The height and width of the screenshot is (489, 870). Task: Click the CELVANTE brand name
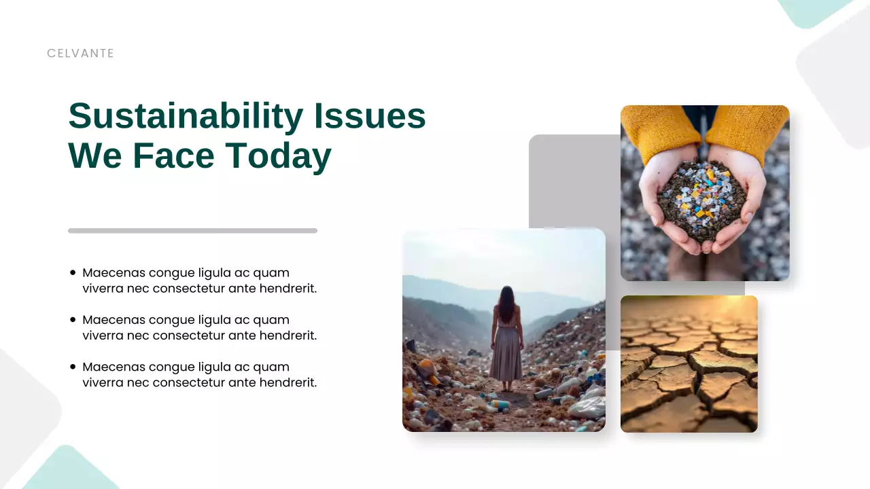[x=80, y=54]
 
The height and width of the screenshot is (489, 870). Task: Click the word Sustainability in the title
[x=185, y=116]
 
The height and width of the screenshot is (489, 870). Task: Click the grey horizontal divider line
[x=192, y=231]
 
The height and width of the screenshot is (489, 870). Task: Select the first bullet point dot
[x=73, y=273]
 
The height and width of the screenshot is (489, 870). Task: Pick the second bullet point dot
[x=73, y=320]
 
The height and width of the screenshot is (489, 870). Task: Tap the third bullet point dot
[x=73, y=367]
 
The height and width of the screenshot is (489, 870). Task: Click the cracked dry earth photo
[x=689, y=364]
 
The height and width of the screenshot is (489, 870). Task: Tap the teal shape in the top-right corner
[x=812, y=10]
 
